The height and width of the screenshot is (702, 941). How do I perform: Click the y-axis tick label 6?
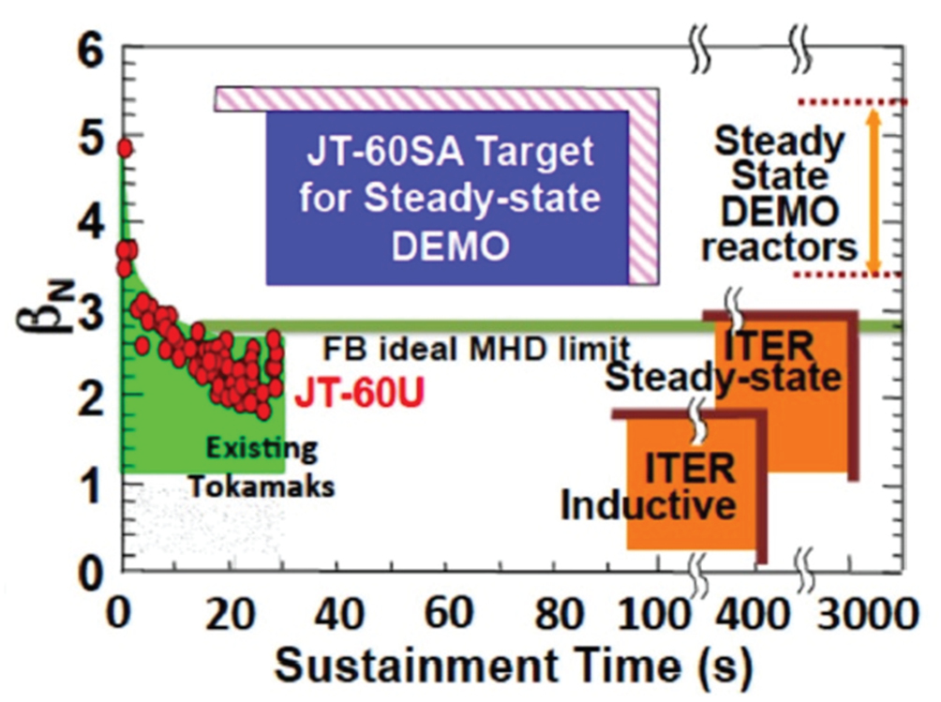pyautogui.click(x=88, y=53)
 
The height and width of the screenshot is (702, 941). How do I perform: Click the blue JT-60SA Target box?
pyautogui.click(x=446, y=197)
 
